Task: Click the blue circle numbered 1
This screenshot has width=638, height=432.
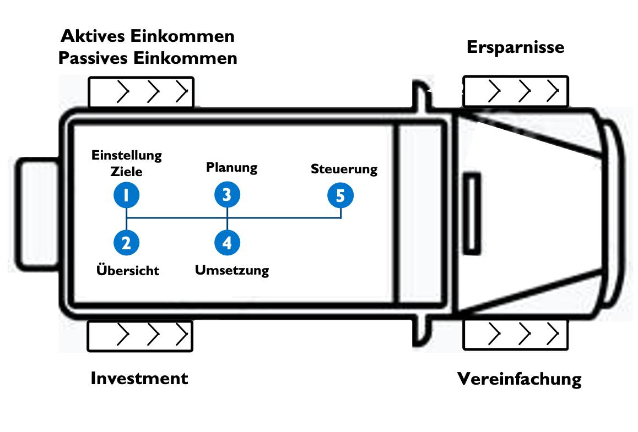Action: pyautogui.click(x=126, y=195)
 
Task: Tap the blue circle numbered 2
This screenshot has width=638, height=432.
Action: pyautogui.click(x=126, y=243)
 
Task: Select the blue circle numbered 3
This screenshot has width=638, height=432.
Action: pyautogui.click(x=227, y=194)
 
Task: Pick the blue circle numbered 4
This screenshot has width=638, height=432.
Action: pyautogui.click(x=227, y=243)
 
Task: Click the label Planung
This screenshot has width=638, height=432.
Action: pyautogui.click(x=231, y=167)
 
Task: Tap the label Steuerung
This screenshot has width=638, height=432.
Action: pyautogui.click(x=344, y=168)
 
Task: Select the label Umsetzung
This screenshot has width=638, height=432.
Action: pyautogui.click(x=232, y=270)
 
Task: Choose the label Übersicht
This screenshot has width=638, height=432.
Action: pyautogui.click(x=127, y=270)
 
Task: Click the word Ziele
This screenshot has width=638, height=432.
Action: pyautogui.click(x=127, y=172)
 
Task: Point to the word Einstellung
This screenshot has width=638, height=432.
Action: pyautogui.click(x=127, y=155)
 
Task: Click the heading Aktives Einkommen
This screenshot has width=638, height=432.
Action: pyautogui.click(x=148, y=36)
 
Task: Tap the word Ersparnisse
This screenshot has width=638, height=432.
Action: pyautogui.click(x=515, y=47)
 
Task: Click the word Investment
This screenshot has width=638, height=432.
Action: pyautogui.click(x=139, y=379)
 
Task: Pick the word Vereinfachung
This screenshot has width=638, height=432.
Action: pyautogui.click(x=519, y=379)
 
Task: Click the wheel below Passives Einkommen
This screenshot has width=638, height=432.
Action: pyautogui.click(x=141, y=91)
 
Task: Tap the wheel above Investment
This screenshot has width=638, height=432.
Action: pyautogui.click(x=140, y=336)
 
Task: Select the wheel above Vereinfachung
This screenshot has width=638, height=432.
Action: pyautogui.click(x=515, y=333)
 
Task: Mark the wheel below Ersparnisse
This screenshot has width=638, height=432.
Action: pyautogui.click(x=516, y=91)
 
